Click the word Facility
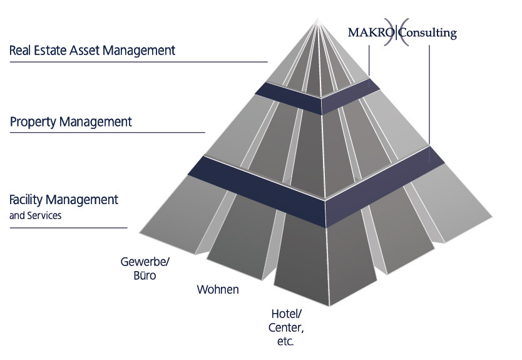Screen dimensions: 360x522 tap(29, 200)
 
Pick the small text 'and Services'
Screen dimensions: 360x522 tap(36, 215)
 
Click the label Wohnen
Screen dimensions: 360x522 tap(218, 290)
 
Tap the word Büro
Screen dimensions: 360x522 tap(145, 275)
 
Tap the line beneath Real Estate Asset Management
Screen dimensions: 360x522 tap(138, 62)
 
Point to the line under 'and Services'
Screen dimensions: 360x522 tap(68, 227)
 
